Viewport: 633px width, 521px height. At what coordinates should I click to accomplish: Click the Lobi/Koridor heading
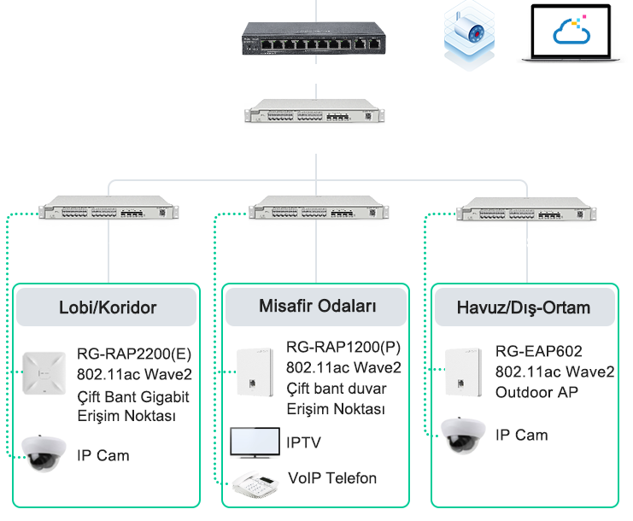point(108,307)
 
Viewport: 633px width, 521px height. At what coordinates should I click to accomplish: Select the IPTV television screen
point(255,442)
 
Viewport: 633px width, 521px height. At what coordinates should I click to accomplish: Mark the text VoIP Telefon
point(331,478)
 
